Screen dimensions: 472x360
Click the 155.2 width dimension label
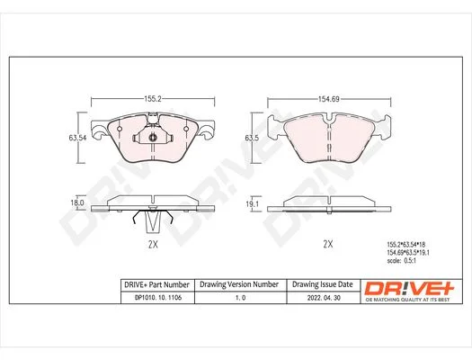coord(153,99)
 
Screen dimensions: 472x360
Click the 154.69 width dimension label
coord(329,99)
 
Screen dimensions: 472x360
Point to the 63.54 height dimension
coord(77,138)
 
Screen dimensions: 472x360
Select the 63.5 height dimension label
coord(253,138)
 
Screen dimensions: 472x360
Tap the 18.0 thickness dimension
coord(77,202)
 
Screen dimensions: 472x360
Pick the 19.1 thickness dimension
coord(253,204)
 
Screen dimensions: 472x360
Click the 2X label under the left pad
coord(153,244)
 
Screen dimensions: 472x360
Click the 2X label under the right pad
coord(328,244)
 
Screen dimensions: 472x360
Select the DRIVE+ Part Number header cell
coord(156,284)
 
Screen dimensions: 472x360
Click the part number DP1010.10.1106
coord(158,297)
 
